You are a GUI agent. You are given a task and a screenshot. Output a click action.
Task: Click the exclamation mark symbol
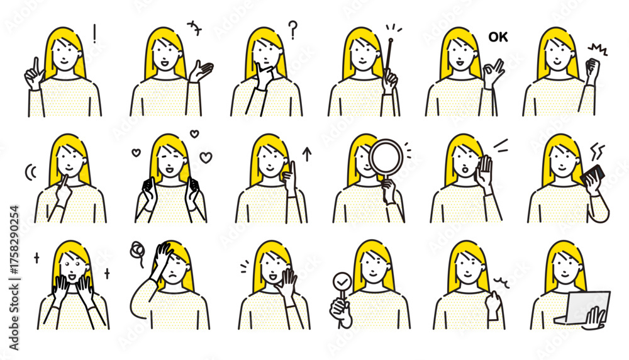94,34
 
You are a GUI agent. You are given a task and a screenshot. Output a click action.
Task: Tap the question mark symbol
293,30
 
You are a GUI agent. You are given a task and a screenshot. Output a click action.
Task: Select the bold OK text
498,37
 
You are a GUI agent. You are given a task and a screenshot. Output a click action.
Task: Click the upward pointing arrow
307,155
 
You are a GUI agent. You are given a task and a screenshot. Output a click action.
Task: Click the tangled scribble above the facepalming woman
137,251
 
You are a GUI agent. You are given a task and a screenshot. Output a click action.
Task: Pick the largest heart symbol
206,157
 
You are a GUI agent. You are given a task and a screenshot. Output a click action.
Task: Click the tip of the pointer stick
391,39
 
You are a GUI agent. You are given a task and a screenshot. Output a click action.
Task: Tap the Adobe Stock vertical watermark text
14,278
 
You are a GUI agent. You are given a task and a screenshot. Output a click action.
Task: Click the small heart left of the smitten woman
136,152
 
